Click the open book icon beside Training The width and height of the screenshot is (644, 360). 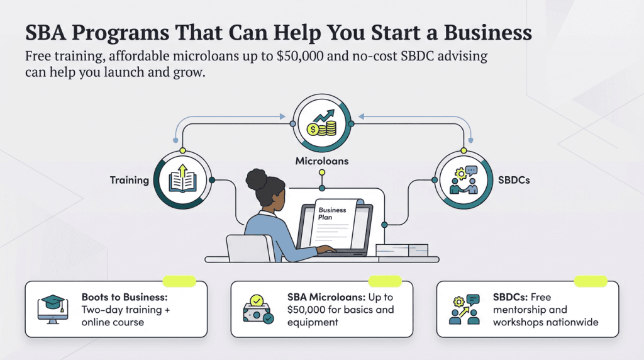[182, 179]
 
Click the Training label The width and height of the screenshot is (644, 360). [130, 180]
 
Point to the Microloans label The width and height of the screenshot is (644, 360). [322, 161]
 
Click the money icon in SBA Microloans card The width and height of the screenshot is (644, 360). [258, 309]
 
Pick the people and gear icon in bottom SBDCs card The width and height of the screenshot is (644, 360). [464, 309]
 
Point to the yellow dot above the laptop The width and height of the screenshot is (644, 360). [322, 172]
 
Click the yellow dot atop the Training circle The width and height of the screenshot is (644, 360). [182, 150]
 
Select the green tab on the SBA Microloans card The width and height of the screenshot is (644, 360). [384, 281]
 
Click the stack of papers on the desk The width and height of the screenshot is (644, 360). [401, 249]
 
